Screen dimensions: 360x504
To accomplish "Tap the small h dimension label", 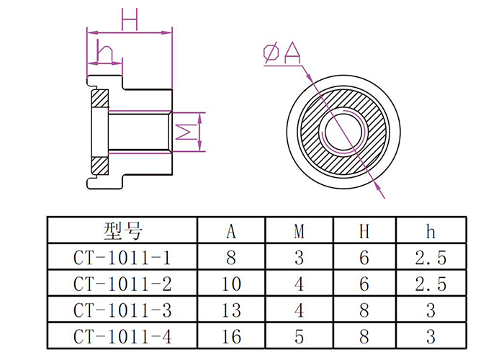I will tap(104, 52).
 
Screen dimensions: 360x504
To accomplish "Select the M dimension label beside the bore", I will tap(186, 132).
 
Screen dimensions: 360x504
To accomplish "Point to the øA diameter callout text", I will tap(282, 53).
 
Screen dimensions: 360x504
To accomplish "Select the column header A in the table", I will tap(231, 231).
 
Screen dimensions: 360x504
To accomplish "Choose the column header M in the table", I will tap(299, 231).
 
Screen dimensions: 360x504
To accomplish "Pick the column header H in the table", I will tap(365, 231).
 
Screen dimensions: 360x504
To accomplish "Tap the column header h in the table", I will tap(431, 231).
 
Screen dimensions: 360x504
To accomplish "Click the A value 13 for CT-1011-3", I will tap(231, 310).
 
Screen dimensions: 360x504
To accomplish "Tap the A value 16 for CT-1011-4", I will tap(231, 336).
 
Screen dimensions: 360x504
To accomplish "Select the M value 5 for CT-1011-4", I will tap(299, 336).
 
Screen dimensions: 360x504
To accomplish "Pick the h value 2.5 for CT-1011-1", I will tap(431, 257).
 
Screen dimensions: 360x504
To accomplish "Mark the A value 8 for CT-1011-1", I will tap(231, 257).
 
